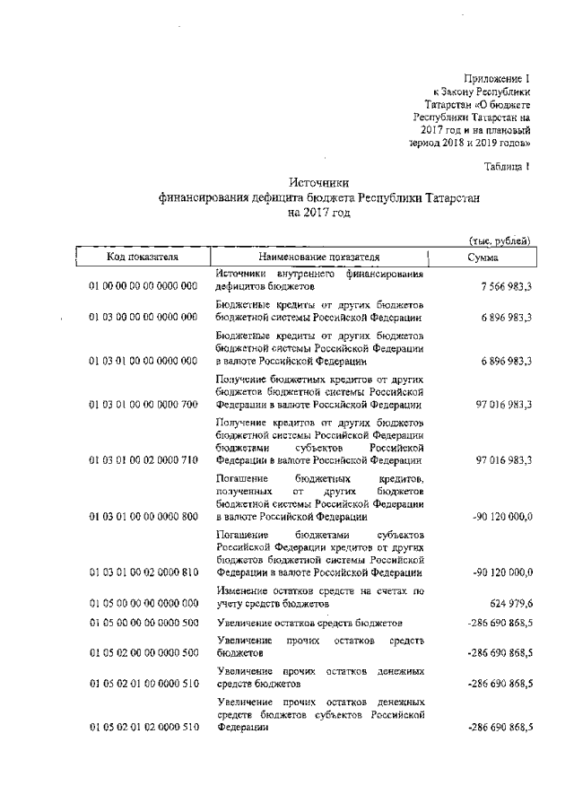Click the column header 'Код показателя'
coord(143,257)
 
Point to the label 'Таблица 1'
coord(509,165)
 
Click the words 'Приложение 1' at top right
coord(499,80)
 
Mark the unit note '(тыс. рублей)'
coord(502,240)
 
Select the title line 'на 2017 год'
coord(319,214)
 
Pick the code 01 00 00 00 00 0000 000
coord(143,286)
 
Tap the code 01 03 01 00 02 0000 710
coord(143,459)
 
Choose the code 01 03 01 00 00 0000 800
coord(143,517)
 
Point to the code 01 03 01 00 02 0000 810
coord(143,572)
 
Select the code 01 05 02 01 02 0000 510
coord(143,727)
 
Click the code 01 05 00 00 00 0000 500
coord(143,622)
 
